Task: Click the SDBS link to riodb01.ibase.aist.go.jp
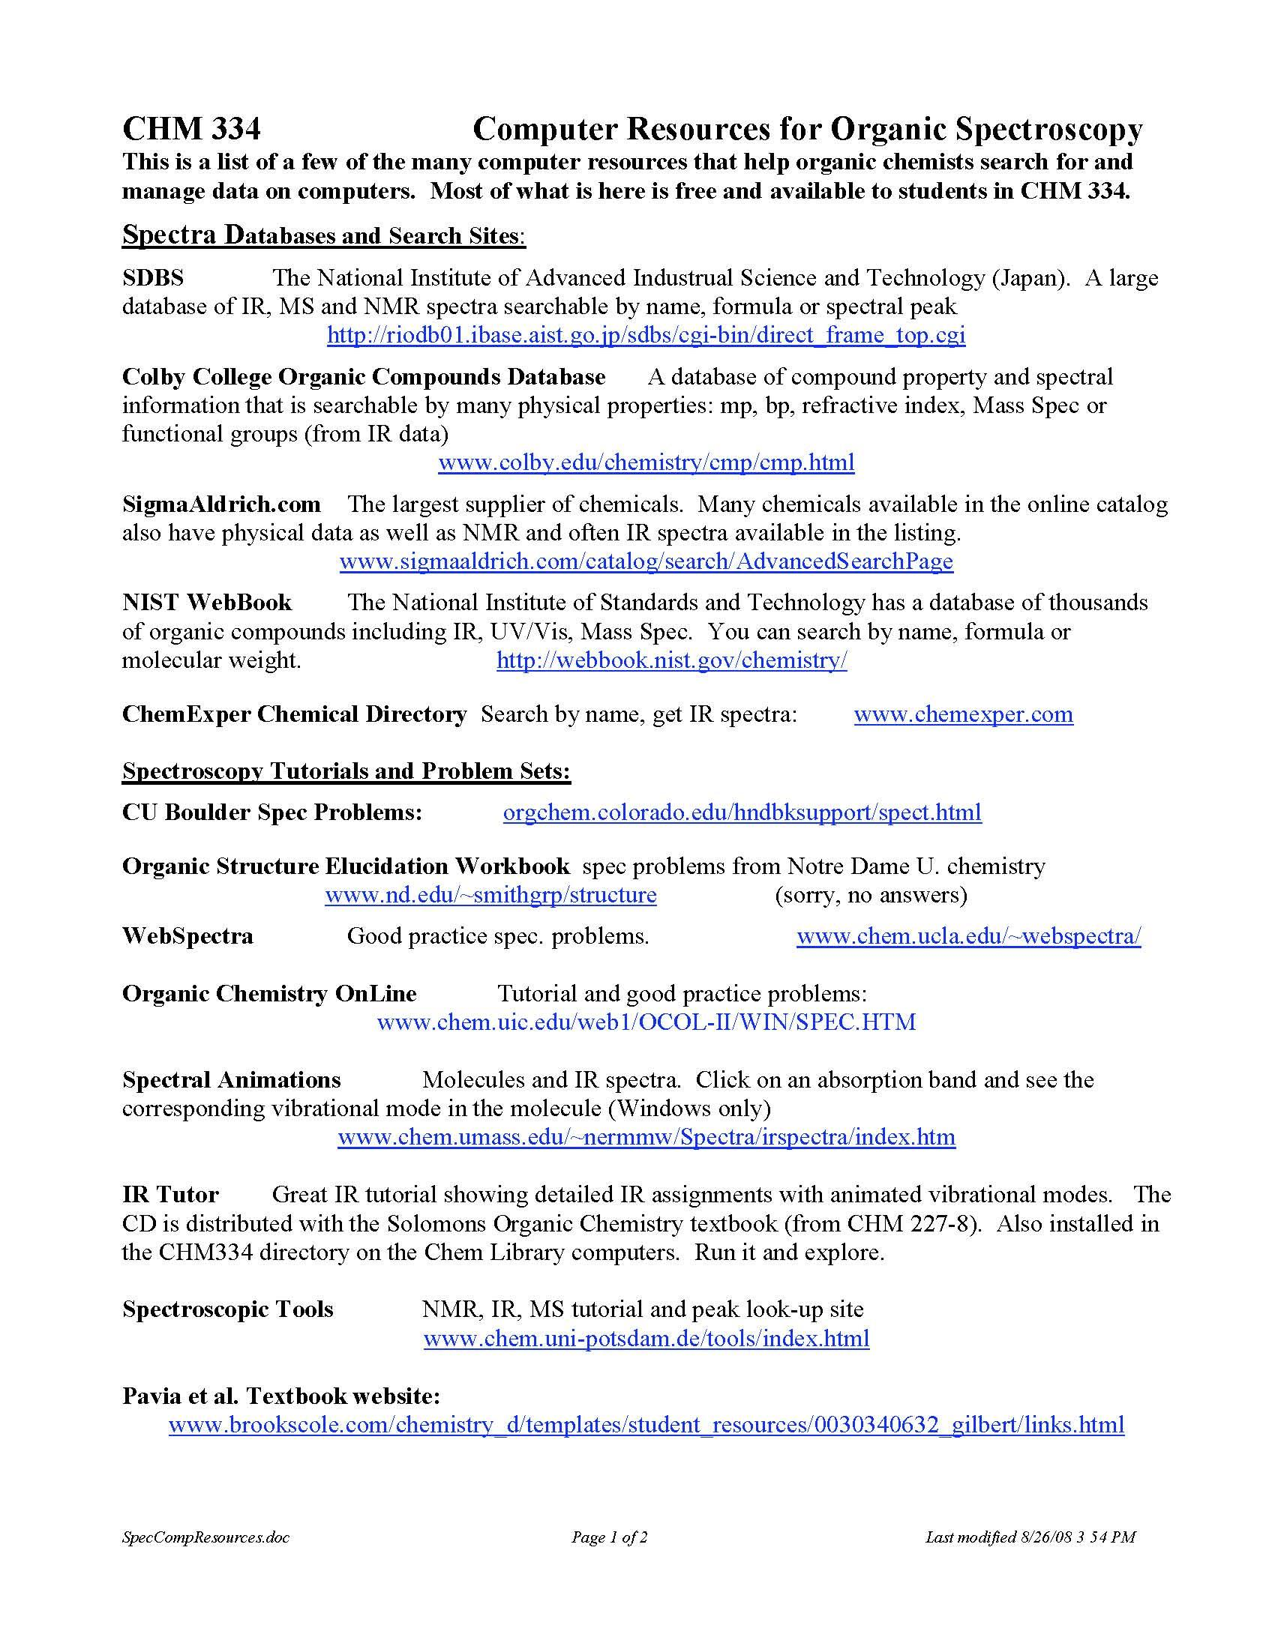click(646, 335)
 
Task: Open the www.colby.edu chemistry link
click(646, 462)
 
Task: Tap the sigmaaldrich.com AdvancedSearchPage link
click(646, 561)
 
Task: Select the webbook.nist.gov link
click(671, 660)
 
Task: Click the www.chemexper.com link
click(963, 714)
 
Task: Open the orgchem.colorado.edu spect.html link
click(742, 813)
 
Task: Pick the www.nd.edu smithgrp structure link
click(490, 895)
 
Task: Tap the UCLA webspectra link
click(968, 936)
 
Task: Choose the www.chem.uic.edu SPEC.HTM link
click(646, 1022)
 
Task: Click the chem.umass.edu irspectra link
click(646, 1137)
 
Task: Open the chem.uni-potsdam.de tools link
click(646, 1339)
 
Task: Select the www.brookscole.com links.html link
click(646, 1425)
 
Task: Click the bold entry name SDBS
click(152, 278)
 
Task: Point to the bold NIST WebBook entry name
click(207, 603)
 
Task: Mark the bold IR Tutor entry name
click(170, 1195)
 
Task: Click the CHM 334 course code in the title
click(191, 129)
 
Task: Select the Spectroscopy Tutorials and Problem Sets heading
click(346, 771)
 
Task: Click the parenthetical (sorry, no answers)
click(871, 895)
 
